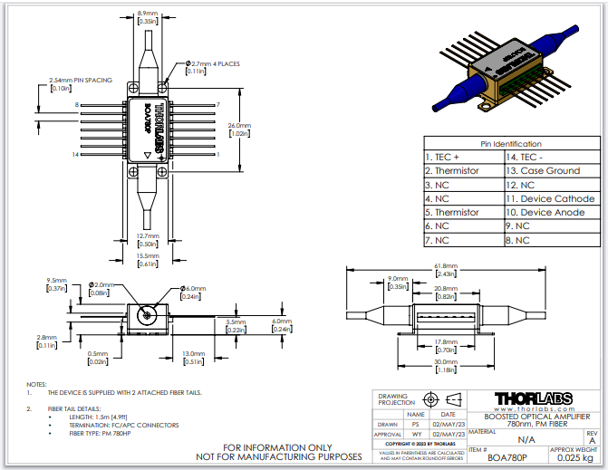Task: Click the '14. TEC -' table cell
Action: (550, 157)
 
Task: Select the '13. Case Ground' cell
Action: (550, 170)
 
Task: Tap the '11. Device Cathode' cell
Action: (550, 198)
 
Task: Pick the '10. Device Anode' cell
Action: (550, 212)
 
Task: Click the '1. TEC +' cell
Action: (463, 157)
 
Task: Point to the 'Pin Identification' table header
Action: (510, 143)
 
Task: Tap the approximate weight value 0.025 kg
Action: (574, 457)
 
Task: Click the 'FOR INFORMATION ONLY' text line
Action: (287, 446)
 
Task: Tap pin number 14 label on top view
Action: (77, 156)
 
